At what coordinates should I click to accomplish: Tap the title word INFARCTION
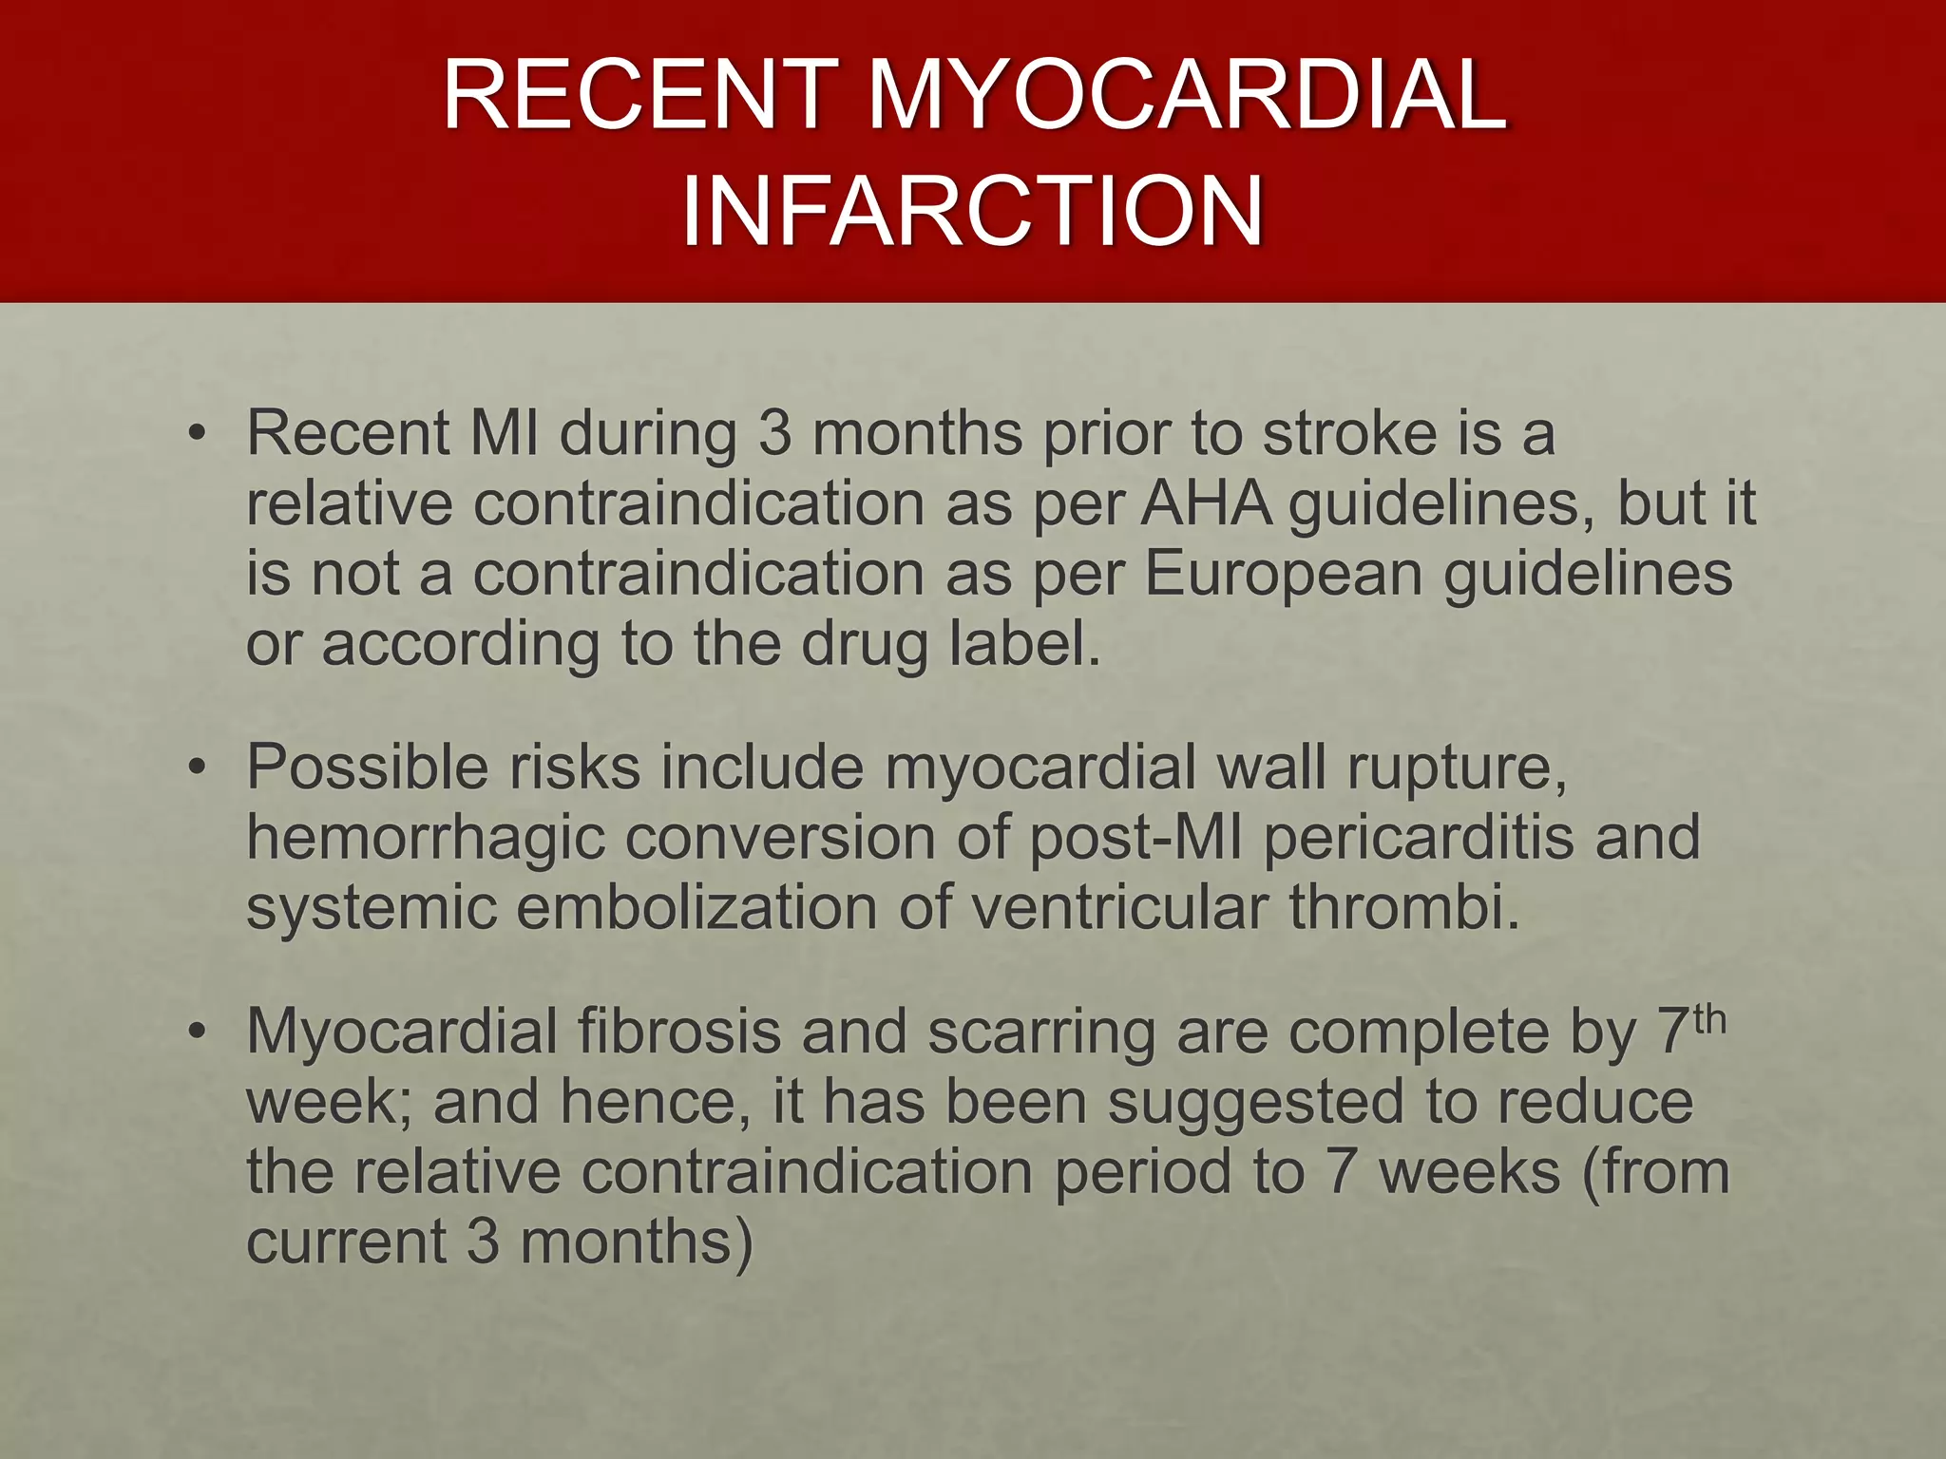pos(972,210)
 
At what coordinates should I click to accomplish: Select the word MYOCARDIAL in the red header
pos(1187,95)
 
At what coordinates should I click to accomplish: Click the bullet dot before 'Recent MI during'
pos(197,435)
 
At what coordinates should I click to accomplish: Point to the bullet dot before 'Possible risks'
pos(197,767)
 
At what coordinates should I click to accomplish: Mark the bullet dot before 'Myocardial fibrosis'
pos(197,1033)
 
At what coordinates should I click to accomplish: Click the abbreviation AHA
pos(1206,503)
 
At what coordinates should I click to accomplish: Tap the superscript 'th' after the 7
pos(1709,1018)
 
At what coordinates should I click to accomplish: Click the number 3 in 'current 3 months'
pos(483,1242)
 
